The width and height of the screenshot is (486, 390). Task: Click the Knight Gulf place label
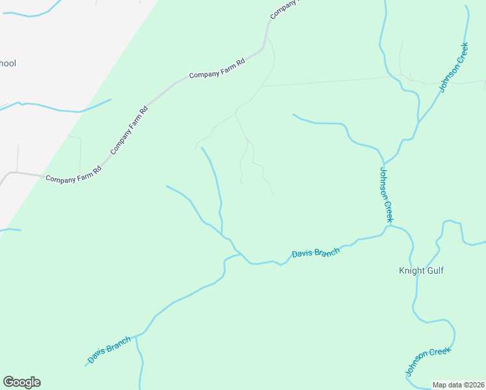[x=421, y=270]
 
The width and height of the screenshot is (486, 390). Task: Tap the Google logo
[x=21, y=382]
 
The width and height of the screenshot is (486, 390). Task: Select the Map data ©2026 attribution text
[x=459, y=385]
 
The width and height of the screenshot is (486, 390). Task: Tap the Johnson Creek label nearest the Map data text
[x=428, y=361]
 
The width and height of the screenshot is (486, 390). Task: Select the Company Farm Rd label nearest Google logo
[x=73, y=174]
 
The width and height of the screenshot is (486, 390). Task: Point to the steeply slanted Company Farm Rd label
[x=129, y=130]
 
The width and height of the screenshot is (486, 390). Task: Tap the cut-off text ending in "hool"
[x=8, y=64]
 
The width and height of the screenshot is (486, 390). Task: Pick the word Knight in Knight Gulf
[x=411, y=270]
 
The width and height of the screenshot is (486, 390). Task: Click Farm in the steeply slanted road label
[x=130, y=129]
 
